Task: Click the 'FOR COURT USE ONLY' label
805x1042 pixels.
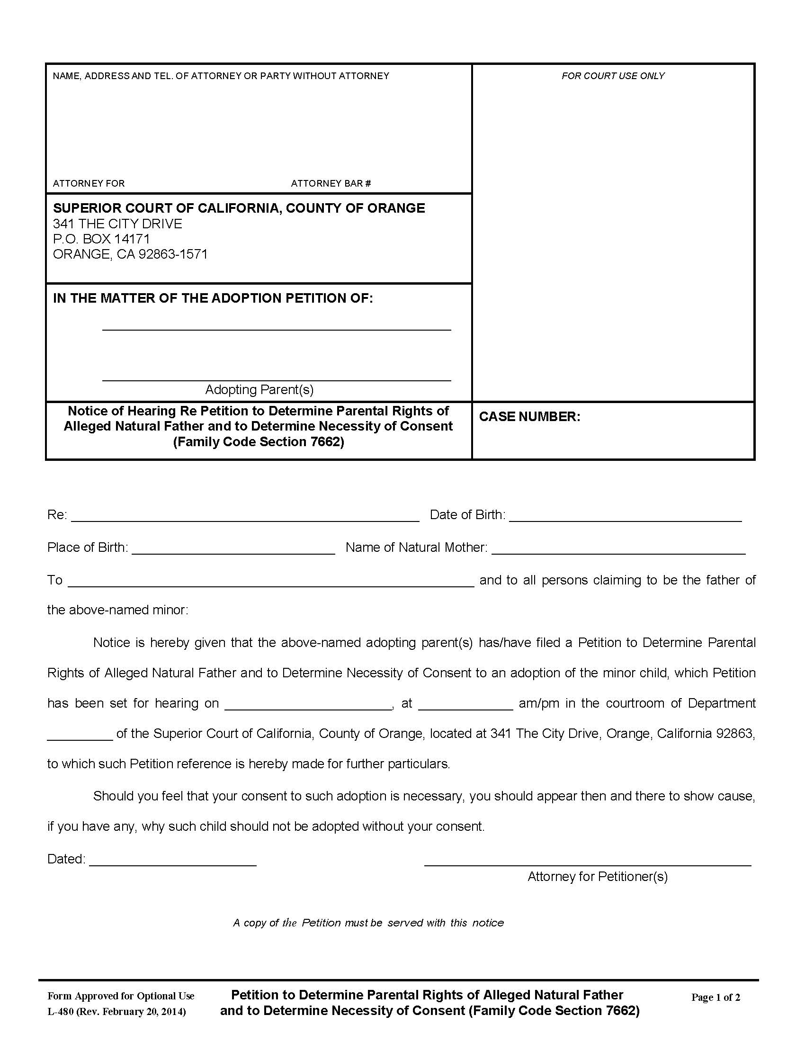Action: pos(612,76)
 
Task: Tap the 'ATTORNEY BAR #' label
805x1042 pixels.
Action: pos(331,183)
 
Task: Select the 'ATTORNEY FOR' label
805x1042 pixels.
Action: pos(89,183)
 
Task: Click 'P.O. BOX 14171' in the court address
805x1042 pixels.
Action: pos(102,239)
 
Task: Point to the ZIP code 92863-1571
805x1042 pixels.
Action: pos(173,254)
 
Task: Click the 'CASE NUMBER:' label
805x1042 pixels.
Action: pos(529,416)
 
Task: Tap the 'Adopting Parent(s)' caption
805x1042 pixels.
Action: pos(259,390)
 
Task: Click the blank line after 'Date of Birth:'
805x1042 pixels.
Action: pos(625,517)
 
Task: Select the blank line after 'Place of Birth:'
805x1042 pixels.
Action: pos(233,549)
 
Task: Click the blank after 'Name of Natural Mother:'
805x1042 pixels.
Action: pos(618,549)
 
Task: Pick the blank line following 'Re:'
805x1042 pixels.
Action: pos(245,517)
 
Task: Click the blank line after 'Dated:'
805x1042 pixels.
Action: pos(173,862)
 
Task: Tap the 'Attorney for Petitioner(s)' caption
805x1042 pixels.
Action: pos(597,876)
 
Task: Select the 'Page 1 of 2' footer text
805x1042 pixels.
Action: pos(716,997)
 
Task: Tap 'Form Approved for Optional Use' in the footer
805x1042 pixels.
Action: pos(121,996)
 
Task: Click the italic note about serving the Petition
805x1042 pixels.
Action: pos(368,923)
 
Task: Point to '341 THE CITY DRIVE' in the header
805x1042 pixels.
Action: pos(117,224)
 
